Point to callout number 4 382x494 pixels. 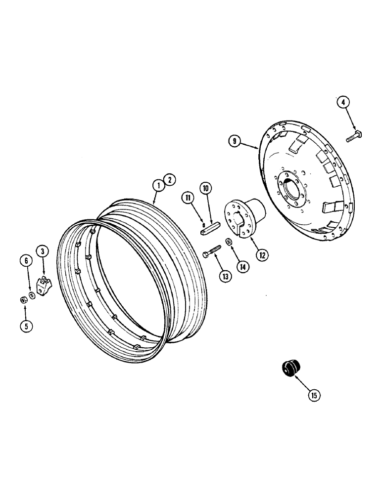343,103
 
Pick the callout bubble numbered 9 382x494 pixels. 235,141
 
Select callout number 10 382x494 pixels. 205,188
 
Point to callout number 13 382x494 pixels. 226,277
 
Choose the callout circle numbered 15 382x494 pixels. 314,395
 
